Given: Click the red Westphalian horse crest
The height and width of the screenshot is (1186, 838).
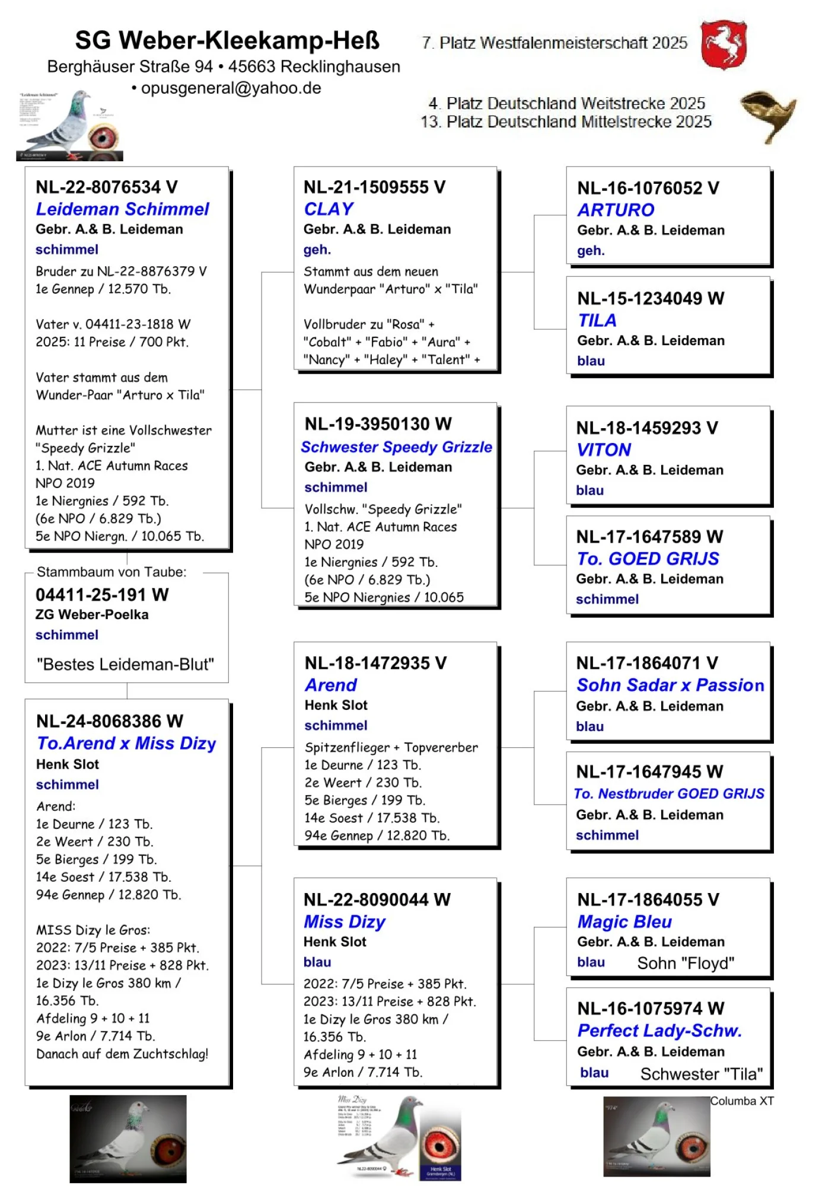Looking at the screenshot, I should pyautogui.click(x=723, y=44).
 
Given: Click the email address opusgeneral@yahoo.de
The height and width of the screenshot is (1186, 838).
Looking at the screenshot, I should pyautogui.click(x=231, y=88).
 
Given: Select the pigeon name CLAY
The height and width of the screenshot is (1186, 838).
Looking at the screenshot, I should pyautogui.click(x=329, y=209).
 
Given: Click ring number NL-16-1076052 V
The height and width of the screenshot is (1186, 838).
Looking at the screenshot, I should pyautogui.click(x=648, y=188).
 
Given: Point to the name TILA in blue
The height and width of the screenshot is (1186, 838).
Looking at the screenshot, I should pyautogui.click(x=597, y=320).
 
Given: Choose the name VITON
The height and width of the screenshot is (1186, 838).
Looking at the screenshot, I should pyautogui.click(x=603, y=449).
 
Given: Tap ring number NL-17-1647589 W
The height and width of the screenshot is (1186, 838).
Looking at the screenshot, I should pyautogui.click(x=649, y=537).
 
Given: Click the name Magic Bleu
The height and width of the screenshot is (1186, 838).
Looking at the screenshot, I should pyautogui.click(x=624, y=922).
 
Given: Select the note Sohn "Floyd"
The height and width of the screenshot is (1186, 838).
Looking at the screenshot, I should pyautogui.click(x=685, y=963).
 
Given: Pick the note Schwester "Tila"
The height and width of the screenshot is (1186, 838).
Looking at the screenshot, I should pyautogui.click(x=701, y=1074).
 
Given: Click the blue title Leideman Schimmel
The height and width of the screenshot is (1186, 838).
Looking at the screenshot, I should pyautogui.click(x=122, y=209).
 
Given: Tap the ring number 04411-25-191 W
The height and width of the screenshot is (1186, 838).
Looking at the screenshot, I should pyautogui.click(x=102, y=595).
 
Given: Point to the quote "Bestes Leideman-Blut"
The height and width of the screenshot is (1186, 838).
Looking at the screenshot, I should pyautogui.click(x=125, y=664).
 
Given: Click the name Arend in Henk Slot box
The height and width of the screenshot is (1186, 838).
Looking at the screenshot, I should pyautogui.click(x=330, y=685).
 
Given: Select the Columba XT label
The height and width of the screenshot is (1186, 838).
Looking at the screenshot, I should pyautogui.click(x=741, y=1101).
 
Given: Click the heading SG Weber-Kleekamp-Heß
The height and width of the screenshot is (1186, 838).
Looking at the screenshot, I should pyautogui.click(x=227, y=40).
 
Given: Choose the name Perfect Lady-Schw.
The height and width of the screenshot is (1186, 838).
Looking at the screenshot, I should pyautogui.click(x=659, y=1031).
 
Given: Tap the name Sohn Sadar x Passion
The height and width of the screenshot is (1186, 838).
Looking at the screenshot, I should pyautogui.click(x=670, y=685).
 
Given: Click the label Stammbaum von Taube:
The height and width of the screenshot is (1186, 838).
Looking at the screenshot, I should pyautogui.click(x=111, y=572).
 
